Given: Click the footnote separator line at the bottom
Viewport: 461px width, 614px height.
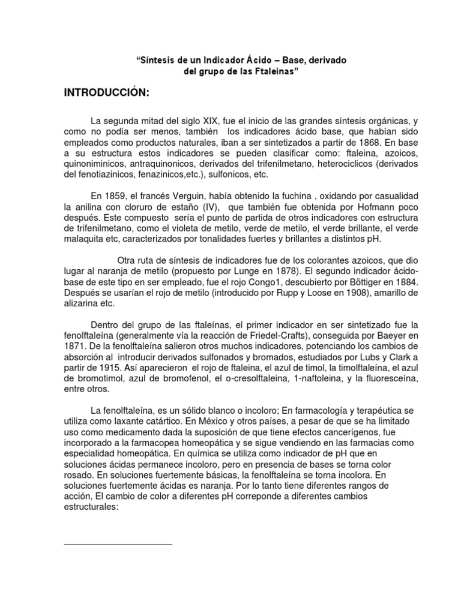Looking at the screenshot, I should pos(118,544).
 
